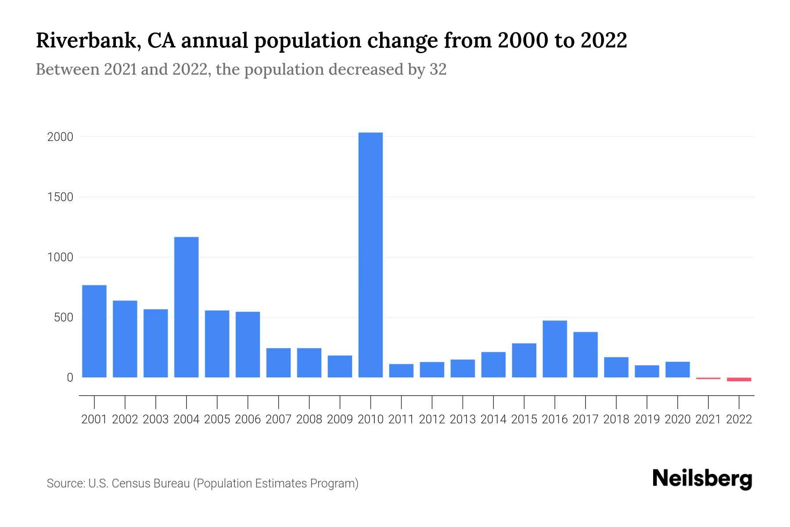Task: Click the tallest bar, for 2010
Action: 370,255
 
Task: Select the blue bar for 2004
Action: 186,307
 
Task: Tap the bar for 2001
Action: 94,331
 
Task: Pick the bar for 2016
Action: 555,349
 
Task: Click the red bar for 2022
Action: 739,379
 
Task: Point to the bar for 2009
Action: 340,366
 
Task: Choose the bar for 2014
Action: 493,365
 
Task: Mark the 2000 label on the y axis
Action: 60,137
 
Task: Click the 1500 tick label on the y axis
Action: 60,197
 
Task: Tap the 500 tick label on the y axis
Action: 63,318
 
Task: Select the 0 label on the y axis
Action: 70,378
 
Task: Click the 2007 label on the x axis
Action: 278,419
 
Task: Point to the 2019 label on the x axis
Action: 647,419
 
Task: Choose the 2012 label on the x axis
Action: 432,419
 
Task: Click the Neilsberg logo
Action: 702,479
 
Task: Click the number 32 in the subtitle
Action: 438,69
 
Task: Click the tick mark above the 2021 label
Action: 708,402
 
